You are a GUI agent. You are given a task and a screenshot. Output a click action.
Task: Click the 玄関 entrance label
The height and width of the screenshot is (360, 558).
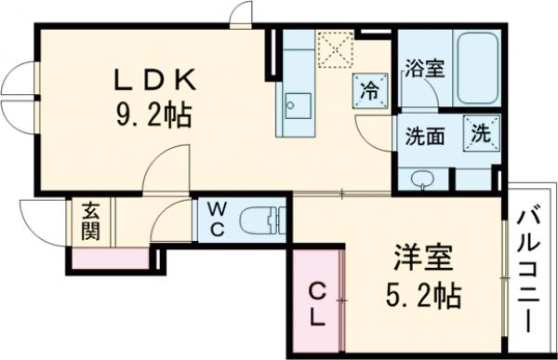(x=90, y=220)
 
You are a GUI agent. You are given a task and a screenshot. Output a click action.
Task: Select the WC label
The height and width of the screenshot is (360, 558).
(x=214, y=220)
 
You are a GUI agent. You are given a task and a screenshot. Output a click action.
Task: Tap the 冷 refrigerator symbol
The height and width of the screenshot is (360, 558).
(x=369, y=91)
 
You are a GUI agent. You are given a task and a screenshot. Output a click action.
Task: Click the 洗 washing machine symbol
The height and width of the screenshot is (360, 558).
(x=483, y=131)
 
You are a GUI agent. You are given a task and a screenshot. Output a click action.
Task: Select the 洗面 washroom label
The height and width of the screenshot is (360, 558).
(x=424, y=136)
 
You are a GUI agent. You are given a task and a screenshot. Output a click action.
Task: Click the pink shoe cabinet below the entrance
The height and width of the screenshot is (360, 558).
(x=100, y=258)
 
